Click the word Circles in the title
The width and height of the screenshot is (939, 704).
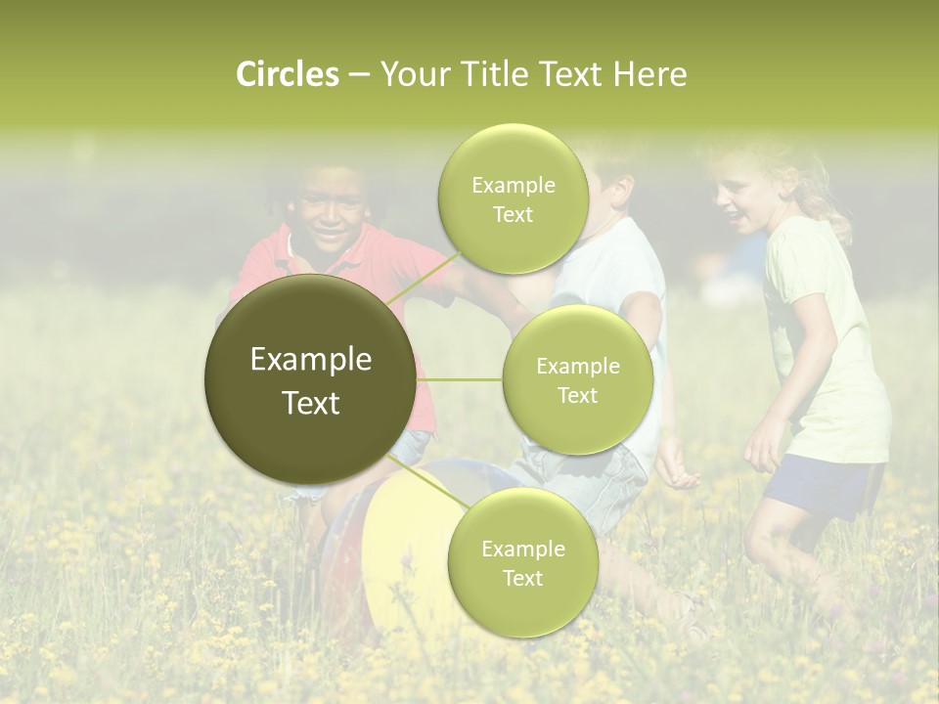pos(288,74)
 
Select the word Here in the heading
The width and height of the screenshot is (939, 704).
pos(650,74)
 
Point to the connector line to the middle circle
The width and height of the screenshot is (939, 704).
pos(460,379)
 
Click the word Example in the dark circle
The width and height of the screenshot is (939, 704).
pos(311,360)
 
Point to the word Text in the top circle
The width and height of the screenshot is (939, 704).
pos(514,215)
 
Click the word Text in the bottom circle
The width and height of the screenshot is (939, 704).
pos(522,579)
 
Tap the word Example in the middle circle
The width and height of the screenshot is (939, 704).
pos(578,367)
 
